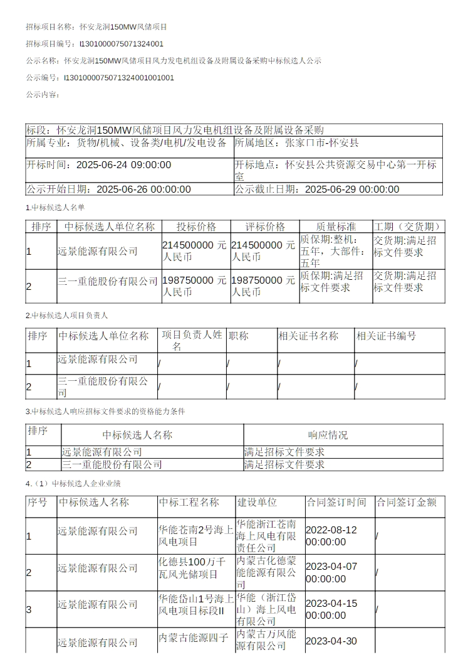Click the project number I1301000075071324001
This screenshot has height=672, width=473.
122,44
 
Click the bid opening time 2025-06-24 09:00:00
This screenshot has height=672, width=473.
123,165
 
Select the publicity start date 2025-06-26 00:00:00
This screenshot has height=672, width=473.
144,189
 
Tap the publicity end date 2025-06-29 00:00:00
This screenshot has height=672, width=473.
352,189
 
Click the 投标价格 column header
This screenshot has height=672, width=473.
196,227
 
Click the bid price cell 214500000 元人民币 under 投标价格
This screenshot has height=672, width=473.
194,251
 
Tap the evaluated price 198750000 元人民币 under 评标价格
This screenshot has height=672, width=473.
263,286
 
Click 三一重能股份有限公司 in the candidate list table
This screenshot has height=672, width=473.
108,281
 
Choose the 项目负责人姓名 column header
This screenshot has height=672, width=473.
192,341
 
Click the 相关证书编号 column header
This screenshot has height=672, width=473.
386,336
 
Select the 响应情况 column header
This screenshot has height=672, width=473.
328,435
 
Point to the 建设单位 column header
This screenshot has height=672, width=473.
257,502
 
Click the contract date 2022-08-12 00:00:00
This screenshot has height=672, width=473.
331,536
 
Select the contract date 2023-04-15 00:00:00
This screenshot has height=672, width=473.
331,609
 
